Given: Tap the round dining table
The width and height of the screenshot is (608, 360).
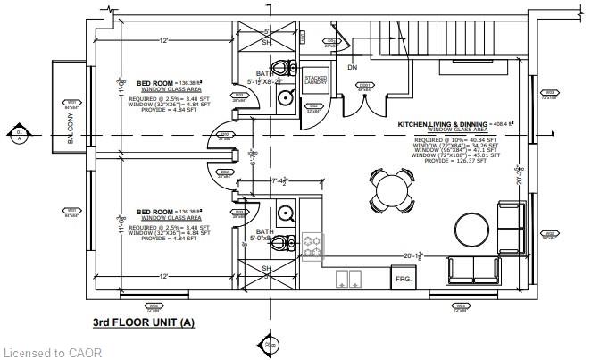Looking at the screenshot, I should [390, 189].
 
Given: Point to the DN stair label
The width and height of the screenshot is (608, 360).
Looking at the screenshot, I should [353, 66].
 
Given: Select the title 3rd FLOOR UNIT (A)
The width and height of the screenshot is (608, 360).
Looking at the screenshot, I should [143, 322].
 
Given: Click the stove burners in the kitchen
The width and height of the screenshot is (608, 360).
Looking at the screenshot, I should [313, 246].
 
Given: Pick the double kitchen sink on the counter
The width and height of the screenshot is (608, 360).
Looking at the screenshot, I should [348, 279].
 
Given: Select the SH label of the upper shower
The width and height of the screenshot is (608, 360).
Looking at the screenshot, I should [266, 41].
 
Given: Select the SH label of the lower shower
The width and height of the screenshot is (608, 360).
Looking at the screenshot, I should [266, 268].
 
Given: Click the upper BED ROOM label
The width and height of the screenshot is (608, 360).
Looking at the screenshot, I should [154, 83].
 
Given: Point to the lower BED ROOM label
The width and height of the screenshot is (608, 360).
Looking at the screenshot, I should [154, 212].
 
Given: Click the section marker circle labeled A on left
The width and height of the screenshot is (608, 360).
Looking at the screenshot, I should [19, 136].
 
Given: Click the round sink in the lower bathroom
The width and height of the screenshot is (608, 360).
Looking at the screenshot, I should [287, 213].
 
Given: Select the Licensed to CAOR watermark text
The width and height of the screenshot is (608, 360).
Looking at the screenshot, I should [52, 352].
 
